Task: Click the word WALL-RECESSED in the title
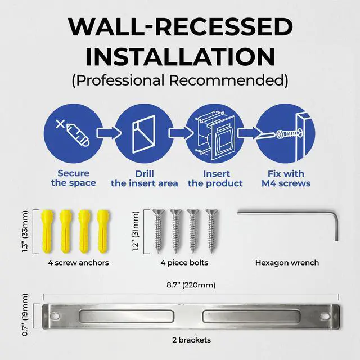[x=180, y=28]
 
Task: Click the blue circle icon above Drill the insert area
[x=143, y=133]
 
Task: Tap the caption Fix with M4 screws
[x=285, y=178]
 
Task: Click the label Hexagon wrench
[x=287, y=262]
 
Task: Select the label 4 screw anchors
[x=75, y=262]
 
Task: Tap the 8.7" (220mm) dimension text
[x=191, y=285]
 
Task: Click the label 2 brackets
[x=191, y=340]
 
